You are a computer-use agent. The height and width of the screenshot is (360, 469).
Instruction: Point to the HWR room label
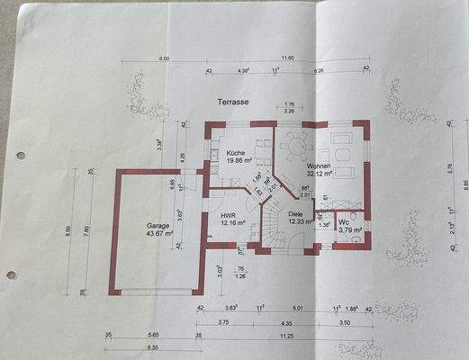click(228, 216)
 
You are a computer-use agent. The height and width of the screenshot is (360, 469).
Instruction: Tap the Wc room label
click(344, 221)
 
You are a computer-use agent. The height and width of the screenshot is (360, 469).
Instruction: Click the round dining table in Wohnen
click(293, 143)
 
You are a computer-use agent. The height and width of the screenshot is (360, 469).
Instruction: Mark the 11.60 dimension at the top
click(286, 58)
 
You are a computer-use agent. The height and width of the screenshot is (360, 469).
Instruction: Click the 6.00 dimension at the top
click(164, 58)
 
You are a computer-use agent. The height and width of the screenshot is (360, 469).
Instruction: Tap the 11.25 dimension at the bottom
click(287, 335)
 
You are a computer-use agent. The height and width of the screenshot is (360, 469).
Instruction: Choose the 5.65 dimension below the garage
click(153, 335)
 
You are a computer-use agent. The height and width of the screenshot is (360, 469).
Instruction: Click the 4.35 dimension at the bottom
click(286, 321)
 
